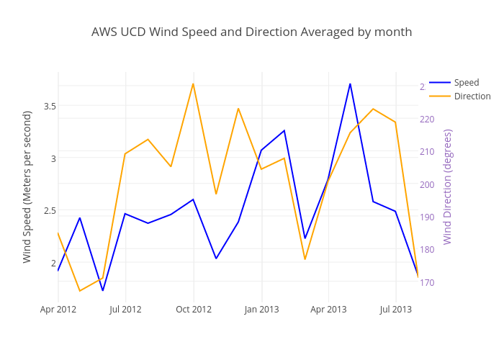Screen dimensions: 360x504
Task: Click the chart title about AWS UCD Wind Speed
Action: [251, 32]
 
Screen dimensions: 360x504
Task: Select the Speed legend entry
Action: [466, 82]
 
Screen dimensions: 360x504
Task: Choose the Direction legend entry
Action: [472, 96]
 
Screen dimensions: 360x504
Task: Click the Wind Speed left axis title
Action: [27, 186]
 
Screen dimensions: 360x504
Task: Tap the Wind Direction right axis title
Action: [448, 186]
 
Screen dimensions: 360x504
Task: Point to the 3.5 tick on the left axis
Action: [50, 106]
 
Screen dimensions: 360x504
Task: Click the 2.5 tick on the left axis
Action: [50, 210]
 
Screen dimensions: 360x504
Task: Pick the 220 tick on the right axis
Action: [427, 120]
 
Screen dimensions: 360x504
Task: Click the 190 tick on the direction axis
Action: [427, 217]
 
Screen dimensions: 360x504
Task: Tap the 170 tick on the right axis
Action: [427, 282]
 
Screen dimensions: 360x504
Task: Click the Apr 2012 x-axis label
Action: [58, 310]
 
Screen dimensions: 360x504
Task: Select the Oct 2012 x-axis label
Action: [193, 310]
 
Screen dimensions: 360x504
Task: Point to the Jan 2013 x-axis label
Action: [261, 310]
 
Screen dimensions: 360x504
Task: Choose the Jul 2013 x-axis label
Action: [395, 310]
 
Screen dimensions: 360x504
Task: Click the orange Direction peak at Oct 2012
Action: [193, 84]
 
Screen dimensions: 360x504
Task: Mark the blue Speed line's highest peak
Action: [350, 84]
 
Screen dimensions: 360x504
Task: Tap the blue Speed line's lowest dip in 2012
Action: [102, 290]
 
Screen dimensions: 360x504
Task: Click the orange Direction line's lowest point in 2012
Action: [79, 291]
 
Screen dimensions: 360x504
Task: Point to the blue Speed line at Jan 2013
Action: [261, 150]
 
